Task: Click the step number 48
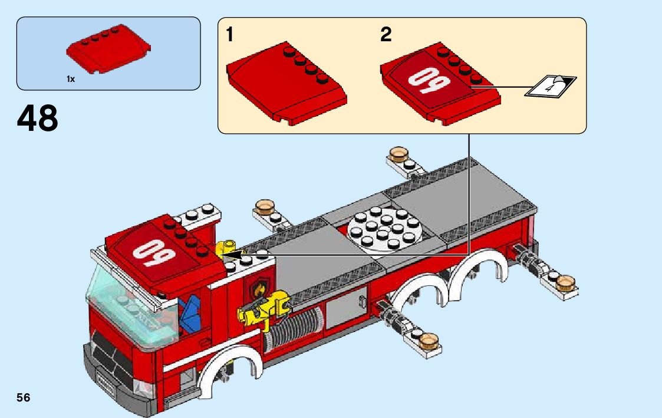point(38,119)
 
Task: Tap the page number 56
point(24,397)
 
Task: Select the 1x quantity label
point(71,78)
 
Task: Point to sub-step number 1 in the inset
point(230,35)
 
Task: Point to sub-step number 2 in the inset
point(386,35)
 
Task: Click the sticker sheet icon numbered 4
point(551,87)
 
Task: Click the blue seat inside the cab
point(190,316)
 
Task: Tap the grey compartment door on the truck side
point(345,305)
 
